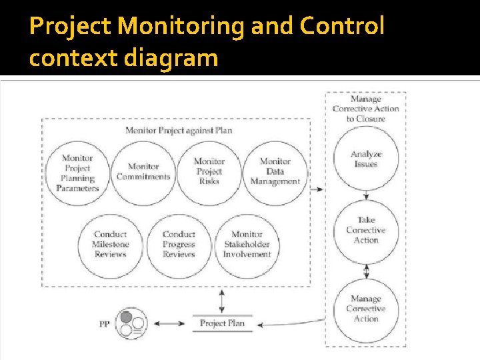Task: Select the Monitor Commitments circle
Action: point(143,173)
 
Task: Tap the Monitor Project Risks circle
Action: point(209,171)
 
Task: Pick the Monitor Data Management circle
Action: point(275,171)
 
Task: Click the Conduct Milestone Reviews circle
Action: point(110,245)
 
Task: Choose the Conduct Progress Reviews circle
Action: point(179,245)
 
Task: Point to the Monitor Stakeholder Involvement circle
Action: point(247,245)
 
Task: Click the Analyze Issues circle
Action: point(365,159)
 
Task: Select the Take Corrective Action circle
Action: point(365,231)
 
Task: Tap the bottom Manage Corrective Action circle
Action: point(365,309)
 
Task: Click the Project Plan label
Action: point(222,323)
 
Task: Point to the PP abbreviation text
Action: point(105,324)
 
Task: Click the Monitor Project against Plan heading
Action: point(179,130)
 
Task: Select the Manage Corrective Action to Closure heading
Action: point(365,109)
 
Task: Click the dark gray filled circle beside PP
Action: point(125,317)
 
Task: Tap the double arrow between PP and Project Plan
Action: point(173,324)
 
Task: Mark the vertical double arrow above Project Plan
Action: point(222,301)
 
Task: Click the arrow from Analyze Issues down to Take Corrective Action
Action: point(365,195)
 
